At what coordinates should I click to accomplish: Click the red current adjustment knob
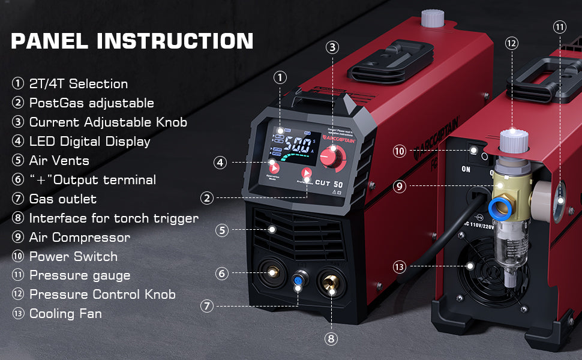point(328,157)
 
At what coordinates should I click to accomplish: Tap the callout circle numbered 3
point(333,47)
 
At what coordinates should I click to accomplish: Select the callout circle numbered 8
point(331,338)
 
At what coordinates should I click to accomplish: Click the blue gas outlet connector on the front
point(298,280)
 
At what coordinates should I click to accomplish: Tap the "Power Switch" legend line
point(73,256)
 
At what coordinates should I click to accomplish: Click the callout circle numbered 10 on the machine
point(400,151)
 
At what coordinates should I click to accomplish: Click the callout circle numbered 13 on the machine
point(400,266)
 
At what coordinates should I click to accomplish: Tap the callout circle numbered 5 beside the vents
point(222,230)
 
